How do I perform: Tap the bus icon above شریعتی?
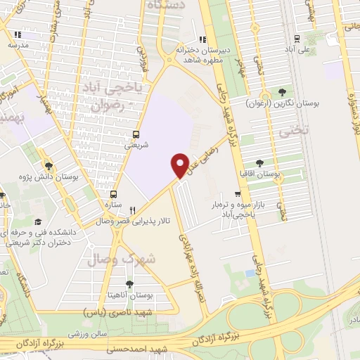136,134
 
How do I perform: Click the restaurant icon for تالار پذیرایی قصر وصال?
132,210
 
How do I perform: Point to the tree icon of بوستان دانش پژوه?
49,165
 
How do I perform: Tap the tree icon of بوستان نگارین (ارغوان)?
282,92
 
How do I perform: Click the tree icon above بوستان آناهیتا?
129,284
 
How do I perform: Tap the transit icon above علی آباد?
297,39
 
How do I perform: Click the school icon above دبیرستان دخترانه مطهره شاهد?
203,39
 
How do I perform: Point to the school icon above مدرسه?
18,33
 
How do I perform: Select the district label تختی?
284,131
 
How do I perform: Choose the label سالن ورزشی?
87,330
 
